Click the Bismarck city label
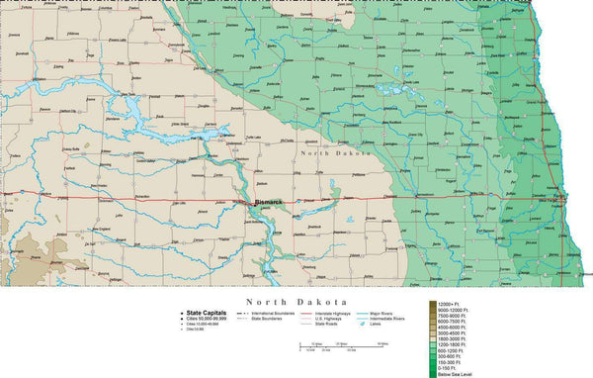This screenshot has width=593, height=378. pos(268,203)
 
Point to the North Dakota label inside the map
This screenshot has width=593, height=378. pos(337,154)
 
